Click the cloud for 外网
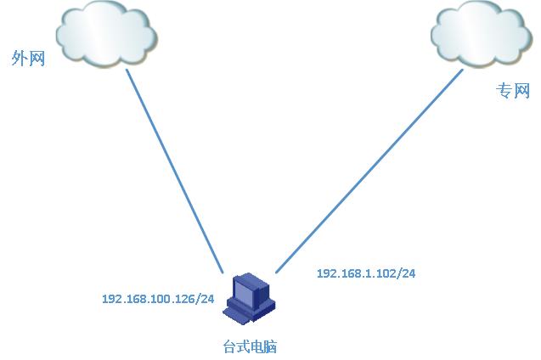(106, 36)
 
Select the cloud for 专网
(481, 36)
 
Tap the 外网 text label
(27, 59)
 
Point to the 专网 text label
(513, 91)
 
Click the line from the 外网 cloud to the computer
(174, 170)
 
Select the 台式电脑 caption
(250, 346)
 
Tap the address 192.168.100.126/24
(157, 299)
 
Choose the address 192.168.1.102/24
(365, 273)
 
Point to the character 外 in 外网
(19, 59)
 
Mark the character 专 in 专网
(504, 91)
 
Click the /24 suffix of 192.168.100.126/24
(203, 299)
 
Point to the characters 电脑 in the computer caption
(263, 346)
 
